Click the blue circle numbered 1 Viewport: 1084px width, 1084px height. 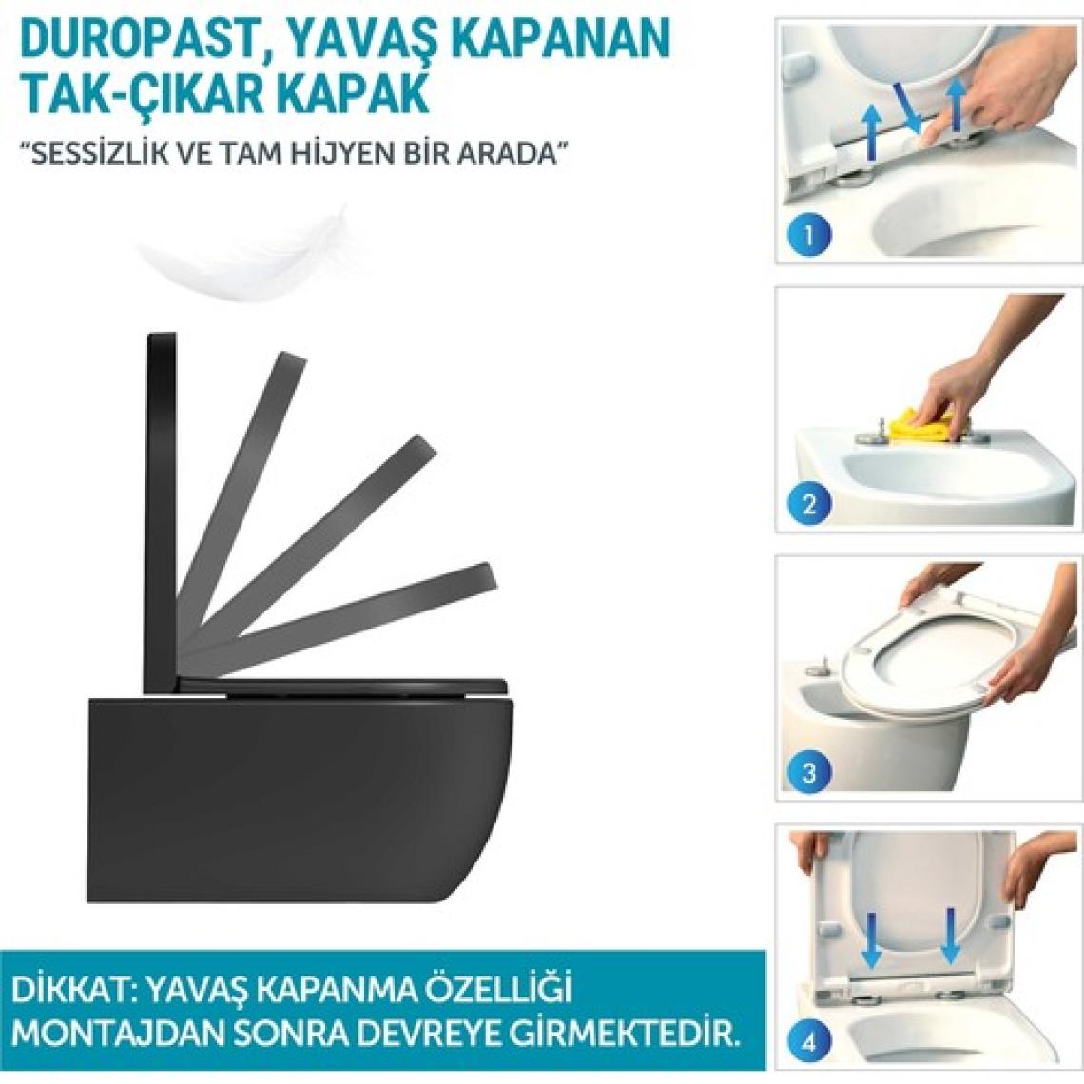pos(808,234)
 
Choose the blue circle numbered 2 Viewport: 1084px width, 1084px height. pos(808,503)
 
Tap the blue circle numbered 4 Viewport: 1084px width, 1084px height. pos(808,1041)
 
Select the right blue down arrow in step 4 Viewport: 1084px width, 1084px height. pos(951,938)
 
